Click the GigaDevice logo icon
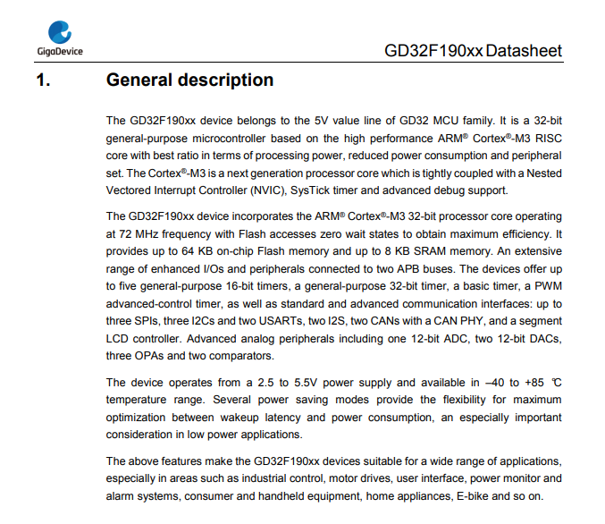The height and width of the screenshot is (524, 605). [60, 32]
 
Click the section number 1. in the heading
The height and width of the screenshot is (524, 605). [43, 80]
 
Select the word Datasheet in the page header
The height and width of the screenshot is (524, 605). [524, 51]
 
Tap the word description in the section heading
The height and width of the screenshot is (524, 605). [226, 80]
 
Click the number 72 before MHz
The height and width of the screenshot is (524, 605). [125, 234]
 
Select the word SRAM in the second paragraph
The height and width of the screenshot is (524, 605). [429, 251]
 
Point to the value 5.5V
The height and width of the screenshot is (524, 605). [306, 383]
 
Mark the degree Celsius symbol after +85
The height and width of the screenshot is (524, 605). [556, 383]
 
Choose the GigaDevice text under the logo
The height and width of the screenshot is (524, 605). [60, 51]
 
